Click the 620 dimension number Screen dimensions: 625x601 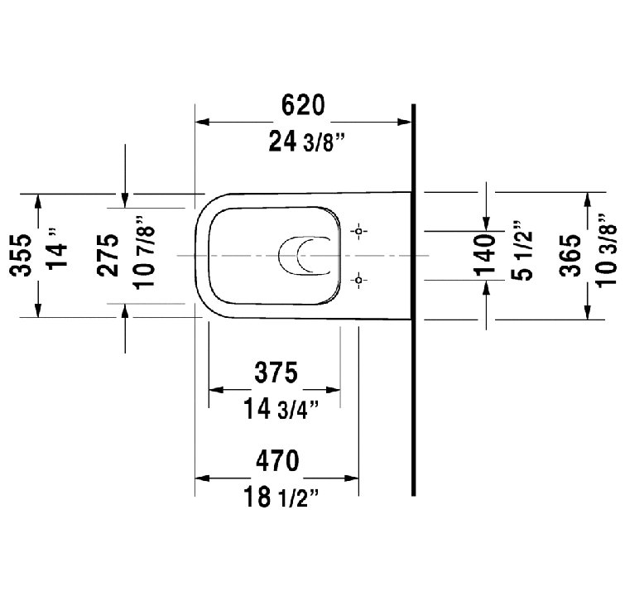click(303, 105)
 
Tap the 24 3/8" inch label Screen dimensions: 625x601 click(306, 142)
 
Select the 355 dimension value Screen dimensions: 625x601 click(21, 256)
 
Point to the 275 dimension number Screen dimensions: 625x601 click(108, 255)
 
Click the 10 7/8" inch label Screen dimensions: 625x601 click(145, 252)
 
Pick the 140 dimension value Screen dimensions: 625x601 click(485, 256)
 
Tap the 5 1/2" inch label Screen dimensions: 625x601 click(522, 250)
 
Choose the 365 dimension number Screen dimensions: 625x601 click(570, 256)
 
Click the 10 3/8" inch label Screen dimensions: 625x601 click(606, 250)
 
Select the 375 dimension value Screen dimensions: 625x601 click(276, 373)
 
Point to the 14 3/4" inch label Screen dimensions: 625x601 click(281, 409)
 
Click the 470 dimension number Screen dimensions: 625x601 click(277, 461)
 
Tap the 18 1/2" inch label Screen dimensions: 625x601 click(281, 497)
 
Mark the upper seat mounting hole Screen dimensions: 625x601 click(358, 231)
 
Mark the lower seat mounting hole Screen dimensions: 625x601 click(358, 280)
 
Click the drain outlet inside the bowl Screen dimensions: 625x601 click(305, 256)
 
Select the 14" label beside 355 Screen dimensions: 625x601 click(57, 249)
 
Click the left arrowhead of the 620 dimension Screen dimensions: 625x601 click(202, 122)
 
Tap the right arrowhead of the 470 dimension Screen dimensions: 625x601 click(352, 478)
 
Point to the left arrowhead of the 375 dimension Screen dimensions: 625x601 click(215, 389)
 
